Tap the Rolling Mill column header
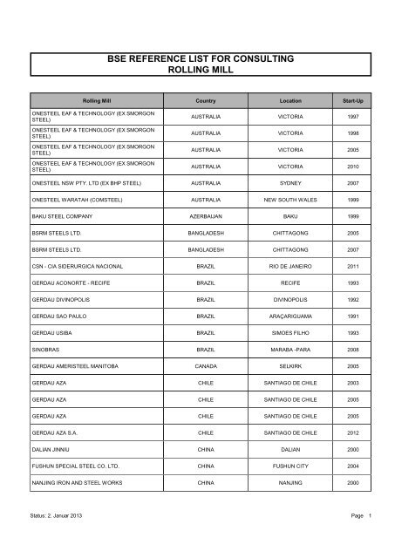click(96, 101)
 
